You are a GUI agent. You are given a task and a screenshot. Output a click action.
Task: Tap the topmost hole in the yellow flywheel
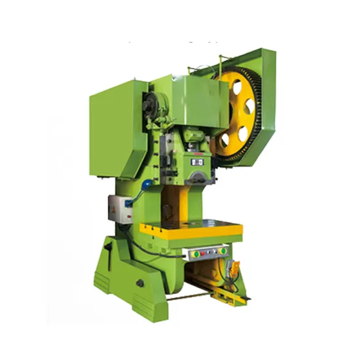(x=234, y=86)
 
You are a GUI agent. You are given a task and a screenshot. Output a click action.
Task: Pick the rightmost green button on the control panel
(x=223, y=250)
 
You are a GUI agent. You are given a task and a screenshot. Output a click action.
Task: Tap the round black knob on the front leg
(x=140, y=283)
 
